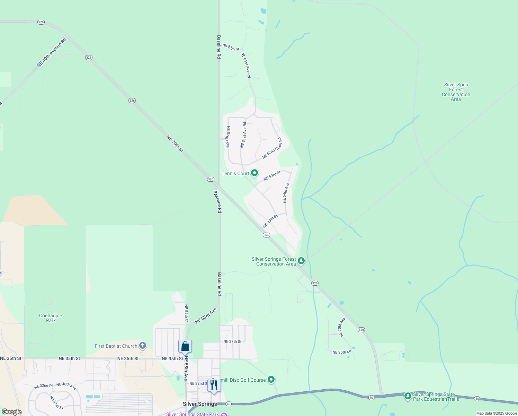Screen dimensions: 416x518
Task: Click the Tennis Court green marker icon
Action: coord(254,173)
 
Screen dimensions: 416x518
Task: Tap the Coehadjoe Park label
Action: coord(51,318)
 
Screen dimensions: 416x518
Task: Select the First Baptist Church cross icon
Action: coord(142,346)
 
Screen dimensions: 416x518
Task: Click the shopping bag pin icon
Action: coord(185,346)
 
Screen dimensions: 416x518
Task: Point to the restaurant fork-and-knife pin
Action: coord(214,385)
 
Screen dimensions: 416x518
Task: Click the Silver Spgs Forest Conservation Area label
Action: coord(456,92)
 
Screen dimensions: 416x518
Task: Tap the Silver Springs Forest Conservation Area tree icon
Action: coord(301,260)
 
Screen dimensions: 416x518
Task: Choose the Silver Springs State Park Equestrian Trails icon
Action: coord(408,396)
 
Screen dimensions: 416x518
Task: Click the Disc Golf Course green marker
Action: coord(271,380)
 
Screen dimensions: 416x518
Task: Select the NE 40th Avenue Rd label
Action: coord(51,53)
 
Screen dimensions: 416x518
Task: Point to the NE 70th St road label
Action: coord(175,144)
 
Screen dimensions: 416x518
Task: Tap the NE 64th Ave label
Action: coord(286,193)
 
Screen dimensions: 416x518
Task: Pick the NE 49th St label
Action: coord(270,221)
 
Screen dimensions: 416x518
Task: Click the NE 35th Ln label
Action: coord(341,352)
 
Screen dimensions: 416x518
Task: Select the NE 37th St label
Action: coord(232,341)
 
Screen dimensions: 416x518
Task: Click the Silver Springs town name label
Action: coord(200,404)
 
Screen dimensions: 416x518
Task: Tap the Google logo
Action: coord(12,412)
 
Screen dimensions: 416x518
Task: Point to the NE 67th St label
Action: coord(231,47)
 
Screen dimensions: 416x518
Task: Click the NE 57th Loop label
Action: coord(228,137)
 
